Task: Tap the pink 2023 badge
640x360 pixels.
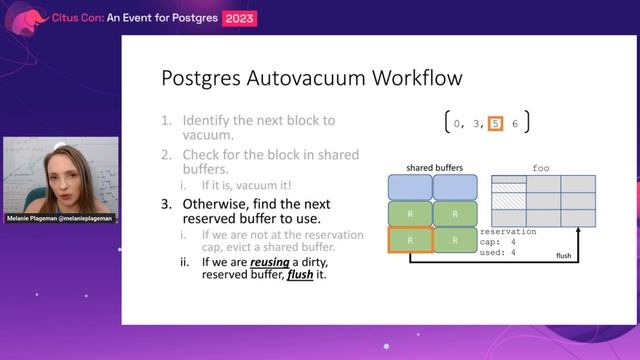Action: coord(240,17)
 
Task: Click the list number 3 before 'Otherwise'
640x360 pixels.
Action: coord(167,203)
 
